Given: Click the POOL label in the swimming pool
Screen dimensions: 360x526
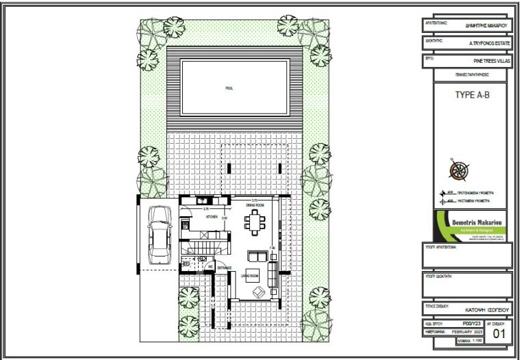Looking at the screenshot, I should (229, 88).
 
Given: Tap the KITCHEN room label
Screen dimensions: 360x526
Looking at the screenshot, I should (210, 216).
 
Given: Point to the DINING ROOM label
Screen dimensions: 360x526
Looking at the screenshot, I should (256, 205).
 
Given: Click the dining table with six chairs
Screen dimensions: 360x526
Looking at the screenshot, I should (256, 222).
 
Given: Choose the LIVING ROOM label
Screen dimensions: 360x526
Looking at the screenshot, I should (249, 275).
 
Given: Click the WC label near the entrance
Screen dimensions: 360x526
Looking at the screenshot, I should (211, 266).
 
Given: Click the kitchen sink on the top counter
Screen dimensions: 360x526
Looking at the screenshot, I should (203, 201).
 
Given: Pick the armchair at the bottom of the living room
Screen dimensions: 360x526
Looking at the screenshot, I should (258, 292).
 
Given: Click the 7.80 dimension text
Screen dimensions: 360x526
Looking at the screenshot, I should (273, 248).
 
